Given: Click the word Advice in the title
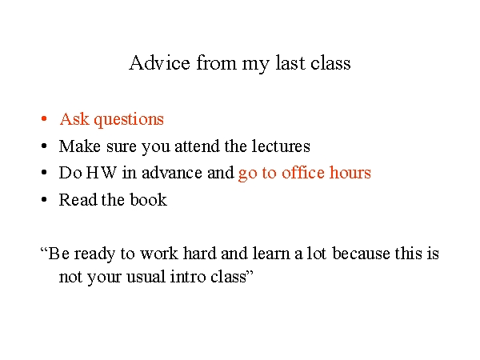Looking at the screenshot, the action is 159,62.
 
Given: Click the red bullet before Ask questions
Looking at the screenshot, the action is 44,118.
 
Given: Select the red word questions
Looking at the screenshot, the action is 129,120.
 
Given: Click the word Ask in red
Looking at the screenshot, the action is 74,118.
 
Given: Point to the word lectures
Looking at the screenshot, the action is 281,146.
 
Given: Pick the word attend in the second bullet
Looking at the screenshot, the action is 197,146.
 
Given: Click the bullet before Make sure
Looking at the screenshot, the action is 44,146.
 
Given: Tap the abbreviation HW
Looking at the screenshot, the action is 102,173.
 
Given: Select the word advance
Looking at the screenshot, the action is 172,173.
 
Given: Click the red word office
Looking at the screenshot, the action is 303,173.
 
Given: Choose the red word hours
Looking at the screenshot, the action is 350,173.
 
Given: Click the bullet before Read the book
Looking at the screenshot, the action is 44,199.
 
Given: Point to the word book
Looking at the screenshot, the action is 149,199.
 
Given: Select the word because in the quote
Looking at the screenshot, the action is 361,254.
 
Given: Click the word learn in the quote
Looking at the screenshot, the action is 271,254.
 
